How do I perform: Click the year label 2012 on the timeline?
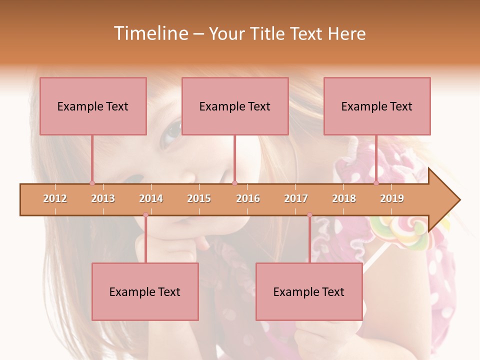click(55, 198)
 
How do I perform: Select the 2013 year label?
click(103, 198)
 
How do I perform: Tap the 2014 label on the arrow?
click(151, 198)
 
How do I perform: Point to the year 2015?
click(199, 198)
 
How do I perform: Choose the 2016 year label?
click(248, 198)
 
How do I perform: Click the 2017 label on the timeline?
click(296, 198)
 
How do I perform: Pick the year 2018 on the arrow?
click(344, 198)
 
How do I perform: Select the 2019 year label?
click(392, 198)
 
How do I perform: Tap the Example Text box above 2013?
click(93, 106)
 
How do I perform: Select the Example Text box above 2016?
click(235, 106)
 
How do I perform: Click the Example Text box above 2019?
click(377, 106)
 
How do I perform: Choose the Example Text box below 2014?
click(145, 291)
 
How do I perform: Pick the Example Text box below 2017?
click(309, 291)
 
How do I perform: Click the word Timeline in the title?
click(150, 33)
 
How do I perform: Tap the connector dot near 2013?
click(92, 183)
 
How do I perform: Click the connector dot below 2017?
click(309, 215)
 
